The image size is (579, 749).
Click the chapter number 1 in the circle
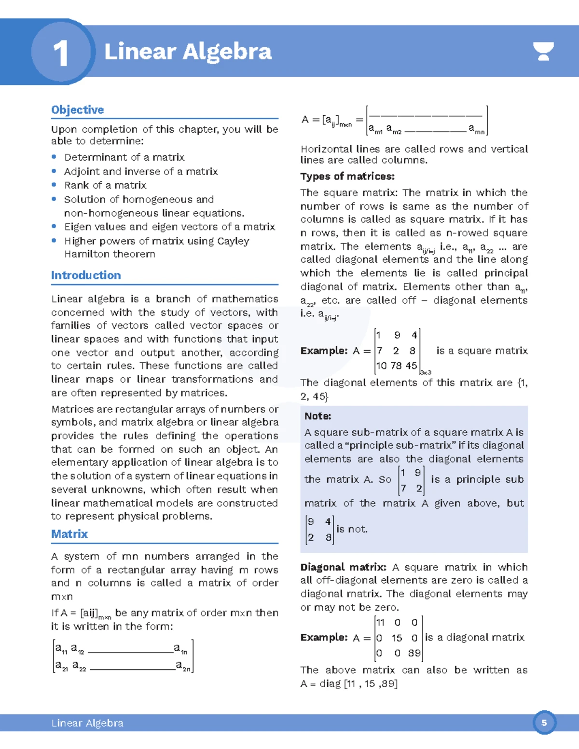coord(61,53)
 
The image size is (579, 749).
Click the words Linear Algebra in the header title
coord(188,52)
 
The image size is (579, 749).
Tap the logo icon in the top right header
coord(543,51)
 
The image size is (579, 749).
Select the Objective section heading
coord(77,110)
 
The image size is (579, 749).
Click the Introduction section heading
coord(86,275)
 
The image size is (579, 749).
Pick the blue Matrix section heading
coord(69,534)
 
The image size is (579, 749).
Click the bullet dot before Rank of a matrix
coord(54,185)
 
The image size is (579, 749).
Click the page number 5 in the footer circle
coord(544,722)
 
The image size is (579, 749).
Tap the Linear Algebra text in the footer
coord(87,723)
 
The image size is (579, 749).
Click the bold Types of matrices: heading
coord(347,177)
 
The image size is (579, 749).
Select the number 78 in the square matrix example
coord(397,366)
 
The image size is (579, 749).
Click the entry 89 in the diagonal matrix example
coord(414,653)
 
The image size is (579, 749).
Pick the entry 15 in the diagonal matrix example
coord(397,638)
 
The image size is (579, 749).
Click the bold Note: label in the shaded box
coord(317,416)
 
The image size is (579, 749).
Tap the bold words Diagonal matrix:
coord(343,567)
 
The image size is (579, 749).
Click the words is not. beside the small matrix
coord(352,529)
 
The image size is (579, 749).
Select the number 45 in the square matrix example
coord(411,366)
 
